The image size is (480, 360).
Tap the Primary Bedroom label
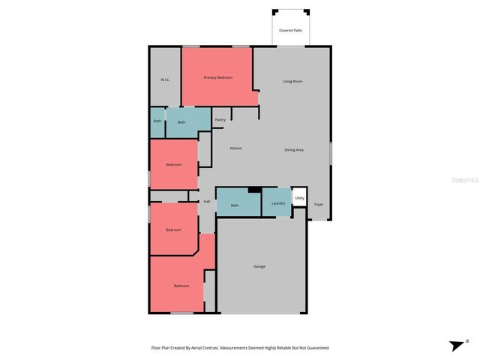218,77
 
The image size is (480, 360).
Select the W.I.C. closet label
166,79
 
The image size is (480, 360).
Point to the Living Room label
292,81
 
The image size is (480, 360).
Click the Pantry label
220,119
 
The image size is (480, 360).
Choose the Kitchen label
235,148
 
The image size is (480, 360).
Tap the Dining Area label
294,150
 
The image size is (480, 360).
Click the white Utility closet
299,198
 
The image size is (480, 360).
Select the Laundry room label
278,203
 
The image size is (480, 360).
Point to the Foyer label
319,204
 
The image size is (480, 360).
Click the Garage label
259,266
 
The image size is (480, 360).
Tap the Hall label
206,201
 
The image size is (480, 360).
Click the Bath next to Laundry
235,205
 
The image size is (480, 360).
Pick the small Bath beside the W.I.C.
157,121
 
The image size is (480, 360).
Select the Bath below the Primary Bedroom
181,122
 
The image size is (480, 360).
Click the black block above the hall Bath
254,190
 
